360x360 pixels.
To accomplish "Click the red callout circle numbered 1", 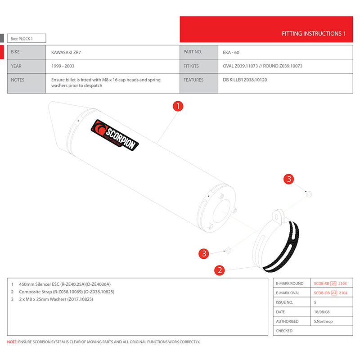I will point(178,106).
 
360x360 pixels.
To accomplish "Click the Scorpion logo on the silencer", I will point(115,135).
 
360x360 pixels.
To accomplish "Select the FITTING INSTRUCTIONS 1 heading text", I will point(313,34).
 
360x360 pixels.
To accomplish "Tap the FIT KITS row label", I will point(191,66).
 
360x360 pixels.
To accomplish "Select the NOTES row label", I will point(18,80).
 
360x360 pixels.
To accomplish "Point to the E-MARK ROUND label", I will point(289,283).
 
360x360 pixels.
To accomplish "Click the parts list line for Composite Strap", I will point(67,292).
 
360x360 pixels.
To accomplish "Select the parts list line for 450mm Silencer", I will point(65,284).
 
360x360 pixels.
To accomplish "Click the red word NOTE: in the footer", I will point(13,342).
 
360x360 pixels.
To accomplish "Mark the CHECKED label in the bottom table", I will point(284,331).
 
